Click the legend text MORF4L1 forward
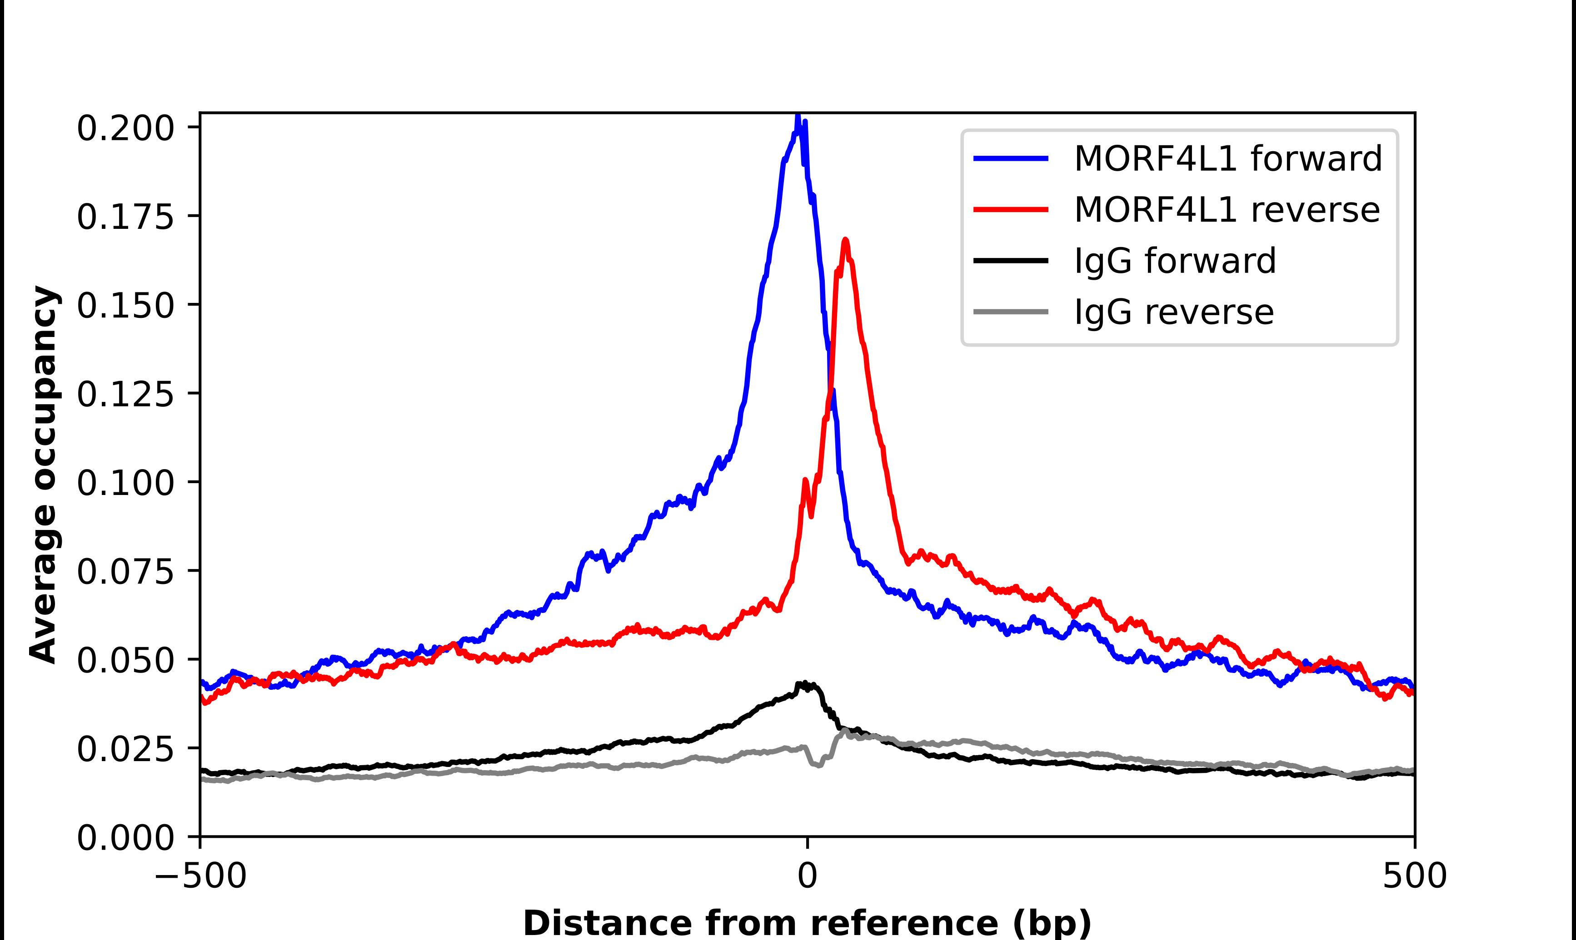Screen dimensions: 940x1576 click(1227, 159)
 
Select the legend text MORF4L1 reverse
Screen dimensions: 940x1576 click(1226, 210)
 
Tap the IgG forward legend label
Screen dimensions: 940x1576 click(1174, 261)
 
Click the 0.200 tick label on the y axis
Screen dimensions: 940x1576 click(125, 129)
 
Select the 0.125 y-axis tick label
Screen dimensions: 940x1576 click(125, 395)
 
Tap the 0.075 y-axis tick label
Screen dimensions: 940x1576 click(125, 572)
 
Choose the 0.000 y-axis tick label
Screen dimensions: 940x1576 click(125, 838)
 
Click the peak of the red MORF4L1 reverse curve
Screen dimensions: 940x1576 click(845, 240)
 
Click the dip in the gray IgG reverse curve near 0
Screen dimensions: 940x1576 click(818, 765)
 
